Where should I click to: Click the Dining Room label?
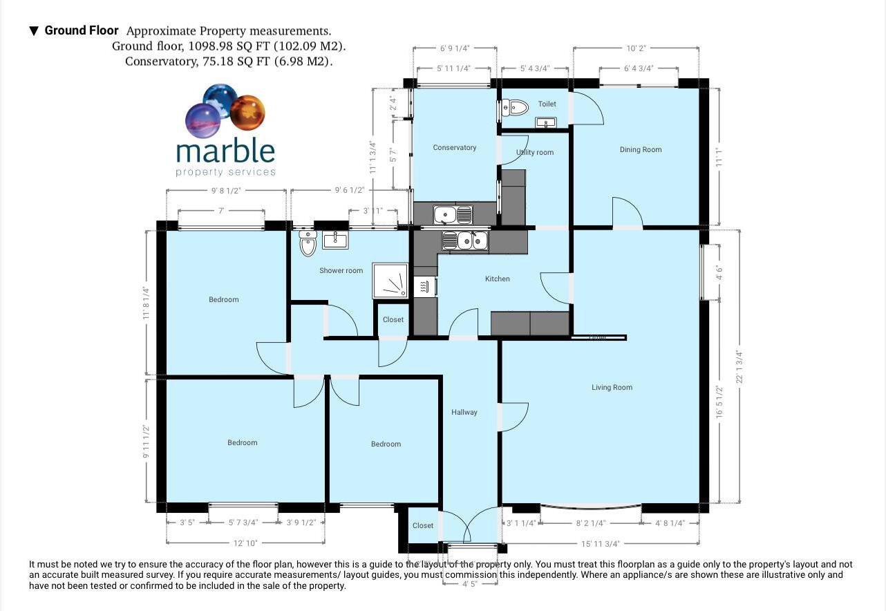tap(640, 149)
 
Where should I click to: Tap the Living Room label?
tap(612, 388)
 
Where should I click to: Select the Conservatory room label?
tap(454, 147)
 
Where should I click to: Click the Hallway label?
tap(464, 413)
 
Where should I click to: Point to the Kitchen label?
tap(497, 279)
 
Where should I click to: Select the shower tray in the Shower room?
tap(390, 280)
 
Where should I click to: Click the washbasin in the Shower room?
tap(335, 239)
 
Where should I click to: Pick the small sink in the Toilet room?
tap(546, 123)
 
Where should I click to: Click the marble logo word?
tap(225, 150)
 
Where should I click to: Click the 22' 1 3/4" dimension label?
tap(739, 366)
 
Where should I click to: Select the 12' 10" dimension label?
tap(245, 543)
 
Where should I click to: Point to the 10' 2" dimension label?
tap(636, 48)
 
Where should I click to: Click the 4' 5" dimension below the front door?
tap(470, 583)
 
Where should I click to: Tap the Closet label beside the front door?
tap(423, 526)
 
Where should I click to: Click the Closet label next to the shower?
tap(393, 320)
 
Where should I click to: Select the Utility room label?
tap(535, 152)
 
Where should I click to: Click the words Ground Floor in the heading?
tap(82, 30)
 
